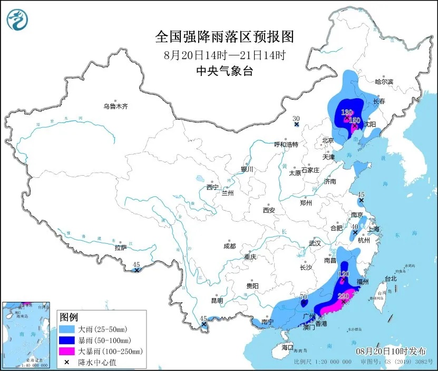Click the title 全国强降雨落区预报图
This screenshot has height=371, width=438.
point(224,37)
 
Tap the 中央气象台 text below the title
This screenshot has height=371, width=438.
point(224,71)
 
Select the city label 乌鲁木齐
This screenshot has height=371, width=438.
point(115,106)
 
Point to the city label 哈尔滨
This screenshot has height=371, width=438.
point(384,82)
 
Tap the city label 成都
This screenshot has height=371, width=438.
point(229,246)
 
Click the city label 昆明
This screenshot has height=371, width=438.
point(217,301)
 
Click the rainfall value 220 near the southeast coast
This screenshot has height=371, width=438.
point(343,296)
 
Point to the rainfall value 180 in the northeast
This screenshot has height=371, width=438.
point(346,112)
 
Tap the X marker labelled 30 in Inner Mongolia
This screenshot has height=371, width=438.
point(297,125)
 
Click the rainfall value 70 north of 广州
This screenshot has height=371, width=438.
point(303,298)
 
